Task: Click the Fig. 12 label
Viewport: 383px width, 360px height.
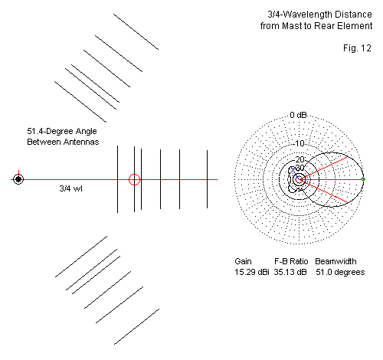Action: coord(357,48)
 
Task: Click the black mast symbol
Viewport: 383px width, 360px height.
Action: coord(18,179)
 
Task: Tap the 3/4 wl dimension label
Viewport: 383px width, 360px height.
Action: coord(70,188)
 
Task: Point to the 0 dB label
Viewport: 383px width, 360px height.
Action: coord(298,115)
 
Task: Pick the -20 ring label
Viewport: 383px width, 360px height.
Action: coord(300,159)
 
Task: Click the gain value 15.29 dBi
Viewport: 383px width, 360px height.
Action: coord(252,272)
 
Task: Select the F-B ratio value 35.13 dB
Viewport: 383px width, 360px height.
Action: coord(290,272)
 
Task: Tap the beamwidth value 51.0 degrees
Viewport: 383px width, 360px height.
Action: coord(340,272)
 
